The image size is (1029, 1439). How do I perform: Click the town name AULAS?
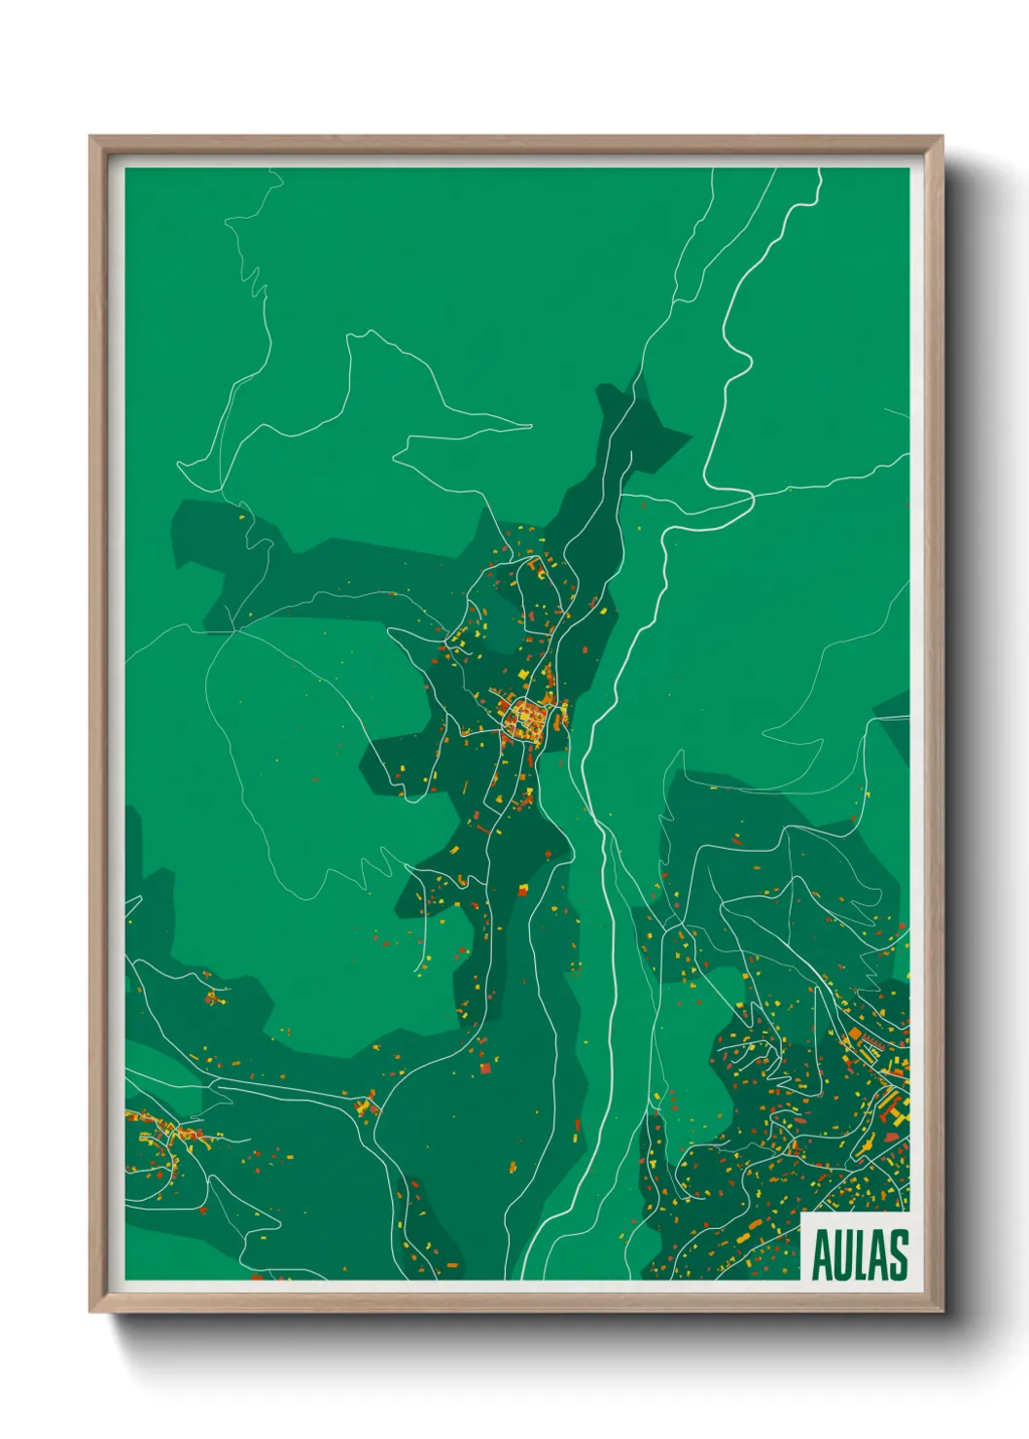click(x=859, y=1255)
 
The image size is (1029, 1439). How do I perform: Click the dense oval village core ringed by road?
click(x=526, y=719)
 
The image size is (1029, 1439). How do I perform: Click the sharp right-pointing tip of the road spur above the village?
click(x=531, y=426)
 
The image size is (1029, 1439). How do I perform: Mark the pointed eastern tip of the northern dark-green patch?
click(x=691, y=437)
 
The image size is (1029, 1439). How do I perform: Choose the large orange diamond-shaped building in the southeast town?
click(x=855, y=1034)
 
